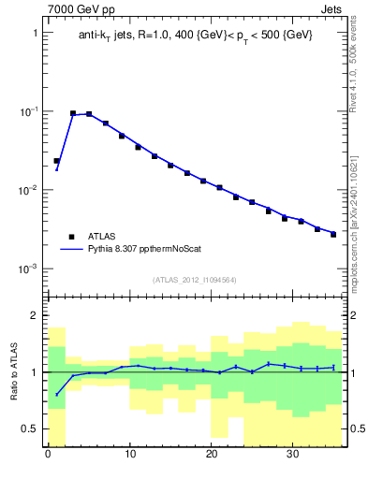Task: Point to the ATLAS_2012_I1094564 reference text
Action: click(196, 279)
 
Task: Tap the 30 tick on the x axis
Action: click(293, 456)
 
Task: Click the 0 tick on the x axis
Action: click(48, 456)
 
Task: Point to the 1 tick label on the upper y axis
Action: click(34, 33)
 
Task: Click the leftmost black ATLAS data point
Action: click(56, 161)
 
